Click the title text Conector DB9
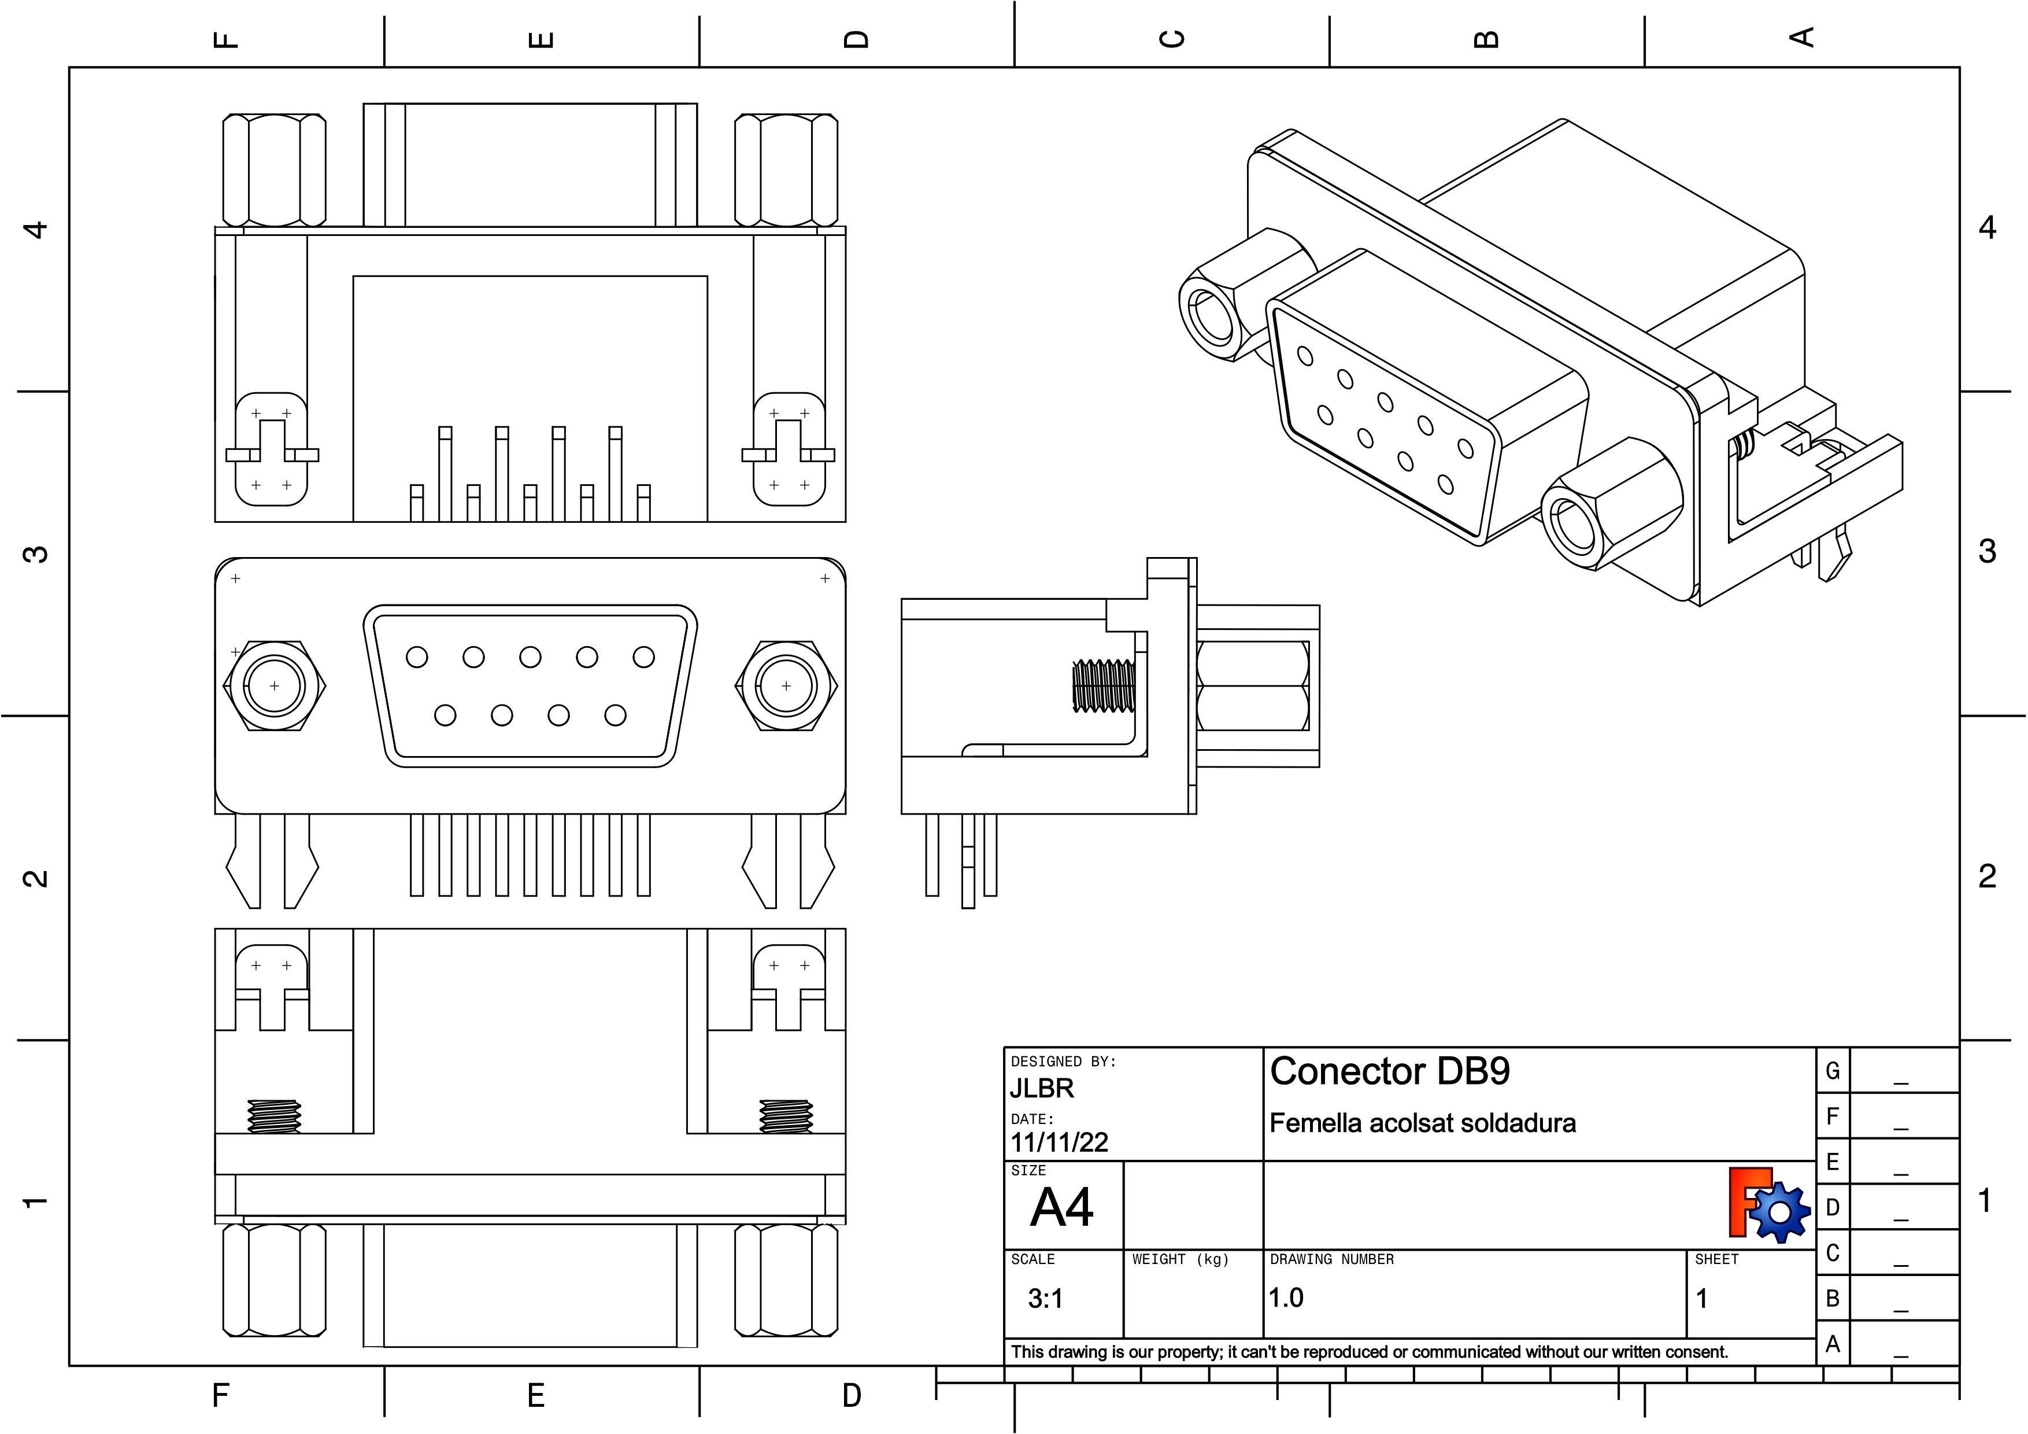[x=1389, y=1072]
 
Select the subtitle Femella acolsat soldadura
[x=1422, y=1124]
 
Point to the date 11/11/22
[x=1059, y=1142]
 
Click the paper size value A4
[x=1062, y=1208]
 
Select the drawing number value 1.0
[x=1286, y=1298]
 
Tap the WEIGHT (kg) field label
[x=1180, y=1259]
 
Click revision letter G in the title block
[x=1833, y=1071]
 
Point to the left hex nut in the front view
[x=275, y=685]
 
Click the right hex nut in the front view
[x=786, y=685]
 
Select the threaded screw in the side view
[x=1104, y=685]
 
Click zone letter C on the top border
[x=1172, y=39]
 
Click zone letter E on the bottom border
[x=535, y=1396]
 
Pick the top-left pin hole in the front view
[x=417, y=657]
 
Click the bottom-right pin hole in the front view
[x=616, y=715]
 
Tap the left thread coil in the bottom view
[x=275, y=1117]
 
